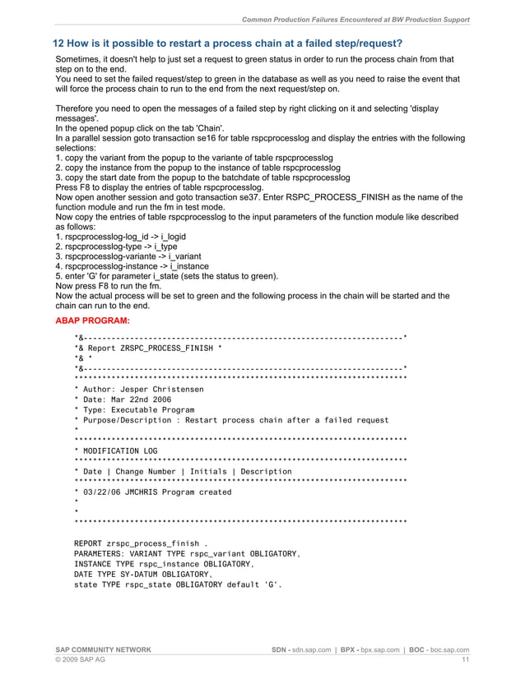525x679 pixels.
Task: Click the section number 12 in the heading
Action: (x=58, y=43)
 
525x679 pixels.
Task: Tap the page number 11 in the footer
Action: (x=466, y=660)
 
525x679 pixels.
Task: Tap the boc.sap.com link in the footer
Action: (x=448, y=650)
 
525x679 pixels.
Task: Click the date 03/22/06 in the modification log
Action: (x=100, y=492)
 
